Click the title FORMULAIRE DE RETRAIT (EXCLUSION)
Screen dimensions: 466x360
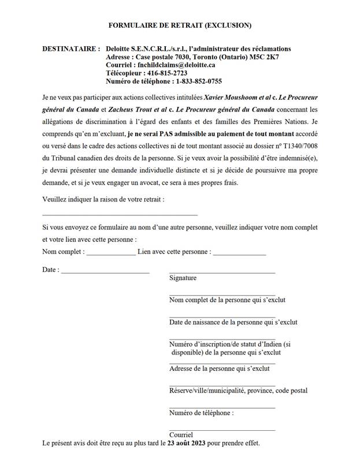[x=180, y=25]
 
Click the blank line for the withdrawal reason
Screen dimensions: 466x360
[x=120, y=214]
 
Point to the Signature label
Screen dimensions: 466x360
[x=183, y=278]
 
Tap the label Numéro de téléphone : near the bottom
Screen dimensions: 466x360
[x=202, y=413]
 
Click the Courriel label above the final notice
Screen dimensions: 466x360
[x=181, y=435]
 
